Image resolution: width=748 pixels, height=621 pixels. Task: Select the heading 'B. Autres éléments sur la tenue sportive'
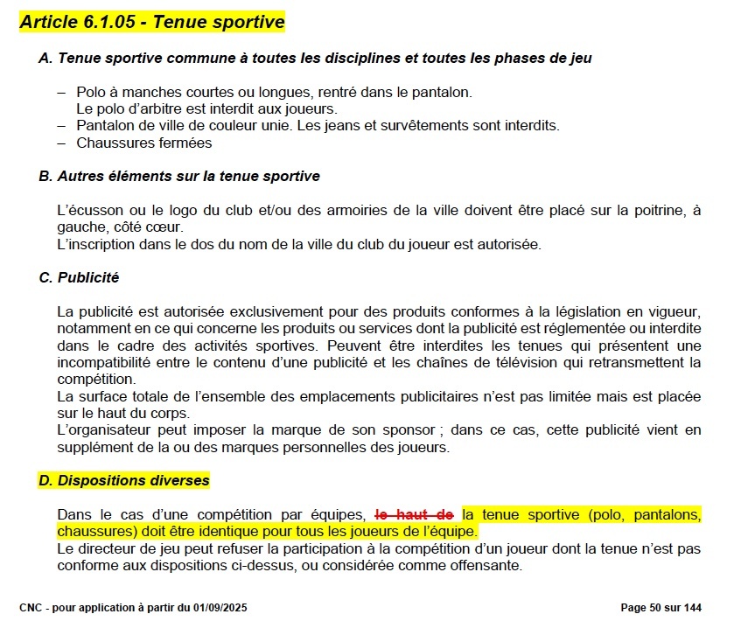pyautogui.click(x=179, y=176)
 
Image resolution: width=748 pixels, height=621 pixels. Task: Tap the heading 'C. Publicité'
pyautogui.click(x=79, y=277)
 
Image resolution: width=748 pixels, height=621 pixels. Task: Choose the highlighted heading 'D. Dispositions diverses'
pyautogui.click(x=123, y=480)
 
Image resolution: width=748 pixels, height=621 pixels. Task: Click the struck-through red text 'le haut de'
pyautogui.click(x=414, y=514)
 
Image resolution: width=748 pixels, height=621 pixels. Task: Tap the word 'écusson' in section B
pyautogui.click(x=93, y=211)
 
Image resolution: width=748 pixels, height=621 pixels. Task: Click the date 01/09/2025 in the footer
pyautogui.click(x=213, y=608)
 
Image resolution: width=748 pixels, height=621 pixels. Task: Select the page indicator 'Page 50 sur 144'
pyautogui.click(x=661, y=608)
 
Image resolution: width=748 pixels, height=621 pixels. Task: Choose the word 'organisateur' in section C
pyautogui.click(x=112, y=430)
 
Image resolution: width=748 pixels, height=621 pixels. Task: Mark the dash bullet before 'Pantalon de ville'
pyautogui.click(x=61, y=125)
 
